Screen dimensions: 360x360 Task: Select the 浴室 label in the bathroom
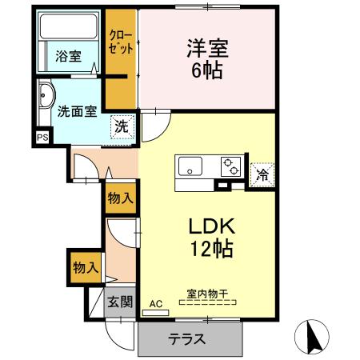68,56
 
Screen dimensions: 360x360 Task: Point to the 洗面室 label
76,110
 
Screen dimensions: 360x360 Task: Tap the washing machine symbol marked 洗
120,126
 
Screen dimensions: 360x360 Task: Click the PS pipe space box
42,137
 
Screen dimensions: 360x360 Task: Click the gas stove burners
231,166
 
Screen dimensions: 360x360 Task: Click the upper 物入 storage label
120,198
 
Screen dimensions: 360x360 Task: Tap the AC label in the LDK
155,302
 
